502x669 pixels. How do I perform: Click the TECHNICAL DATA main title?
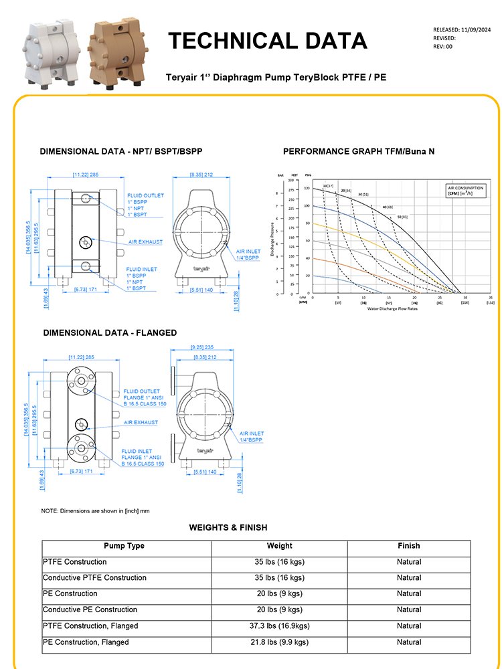(267, 41)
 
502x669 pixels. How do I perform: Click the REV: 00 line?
(444, 46)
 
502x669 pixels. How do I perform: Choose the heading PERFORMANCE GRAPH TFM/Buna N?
(359, 152)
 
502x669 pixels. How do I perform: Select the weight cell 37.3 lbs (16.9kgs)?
(279, 626)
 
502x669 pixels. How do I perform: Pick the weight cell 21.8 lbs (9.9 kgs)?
(279, 642)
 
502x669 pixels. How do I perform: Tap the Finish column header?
(408, 546)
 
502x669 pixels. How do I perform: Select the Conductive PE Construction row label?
(90, 610)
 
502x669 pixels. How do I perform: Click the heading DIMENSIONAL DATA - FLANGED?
(110, 332)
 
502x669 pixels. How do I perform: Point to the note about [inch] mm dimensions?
(95, 511)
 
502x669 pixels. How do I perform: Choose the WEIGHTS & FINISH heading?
(228, 528)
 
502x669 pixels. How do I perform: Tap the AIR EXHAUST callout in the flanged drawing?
(141, 423)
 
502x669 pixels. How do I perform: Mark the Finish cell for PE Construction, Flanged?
(408, 642)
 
